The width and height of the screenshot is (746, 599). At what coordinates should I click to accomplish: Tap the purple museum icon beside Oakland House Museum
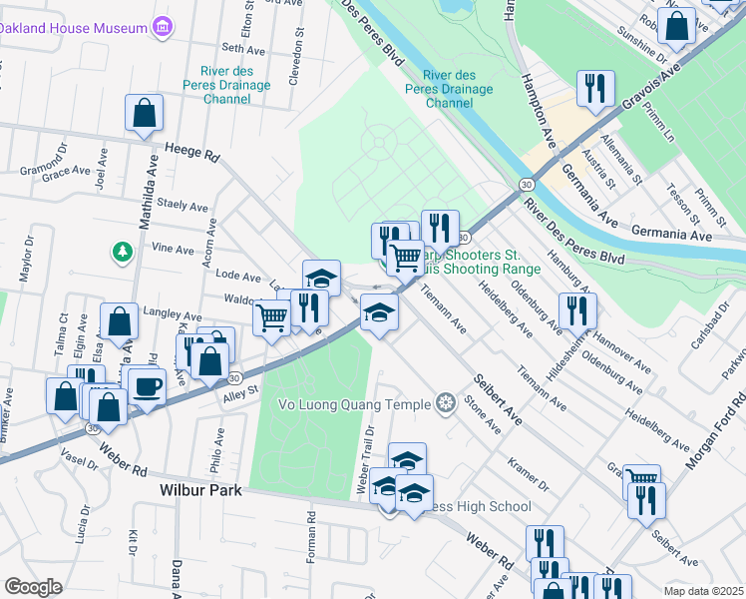click(162, 28)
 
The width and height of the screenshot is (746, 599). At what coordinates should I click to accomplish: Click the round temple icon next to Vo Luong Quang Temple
click(446, 403)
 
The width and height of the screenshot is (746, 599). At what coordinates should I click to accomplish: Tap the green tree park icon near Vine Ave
click(122, 251)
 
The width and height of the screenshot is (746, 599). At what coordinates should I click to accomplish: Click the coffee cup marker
click(147, 386)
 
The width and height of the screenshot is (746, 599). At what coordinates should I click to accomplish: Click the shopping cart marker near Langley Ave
click(271, 317)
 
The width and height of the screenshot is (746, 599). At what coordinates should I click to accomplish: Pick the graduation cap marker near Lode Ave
click(322, 277)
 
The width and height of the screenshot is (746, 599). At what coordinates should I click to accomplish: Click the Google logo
click(33, 587)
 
